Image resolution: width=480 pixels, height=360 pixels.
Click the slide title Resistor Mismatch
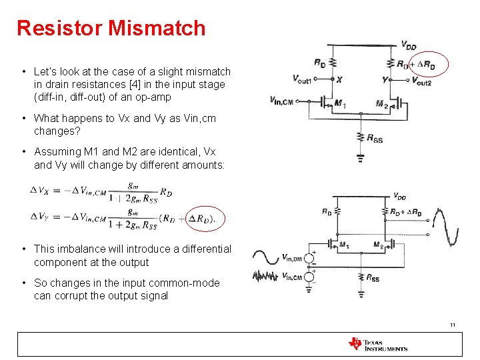click(111, 28)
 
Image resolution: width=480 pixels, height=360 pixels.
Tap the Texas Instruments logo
click(377, 344)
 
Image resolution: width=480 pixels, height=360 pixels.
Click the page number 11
click(453, 325)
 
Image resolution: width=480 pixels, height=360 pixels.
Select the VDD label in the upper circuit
click(408, 45)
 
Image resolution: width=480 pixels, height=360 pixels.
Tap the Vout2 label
click(421, 81)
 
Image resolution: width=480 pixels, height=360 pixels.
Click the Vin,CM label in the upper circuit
click(282, 101)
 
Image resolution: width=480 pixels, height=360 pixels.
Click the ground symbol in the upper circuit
click(360, 158)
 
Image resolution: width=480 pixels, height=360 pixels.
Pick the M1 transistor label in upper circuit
click(339, 103)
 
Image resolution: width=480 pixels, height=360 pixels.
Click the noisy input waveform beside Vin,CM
click(266, 275)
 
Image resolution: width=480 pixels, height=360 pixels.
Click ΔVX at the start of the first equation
click(39, 190)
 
